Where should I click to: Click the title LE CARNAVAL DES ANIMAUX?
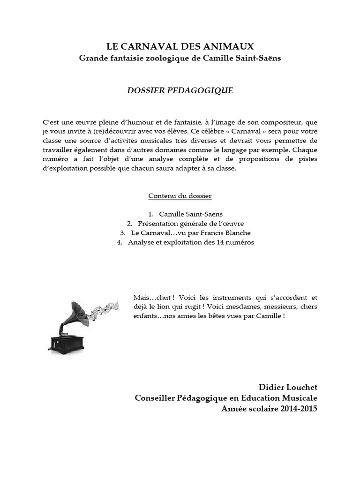180,46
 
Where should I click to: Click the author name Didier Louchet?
288,387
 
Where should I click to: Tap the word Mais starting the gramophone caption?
142,298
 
